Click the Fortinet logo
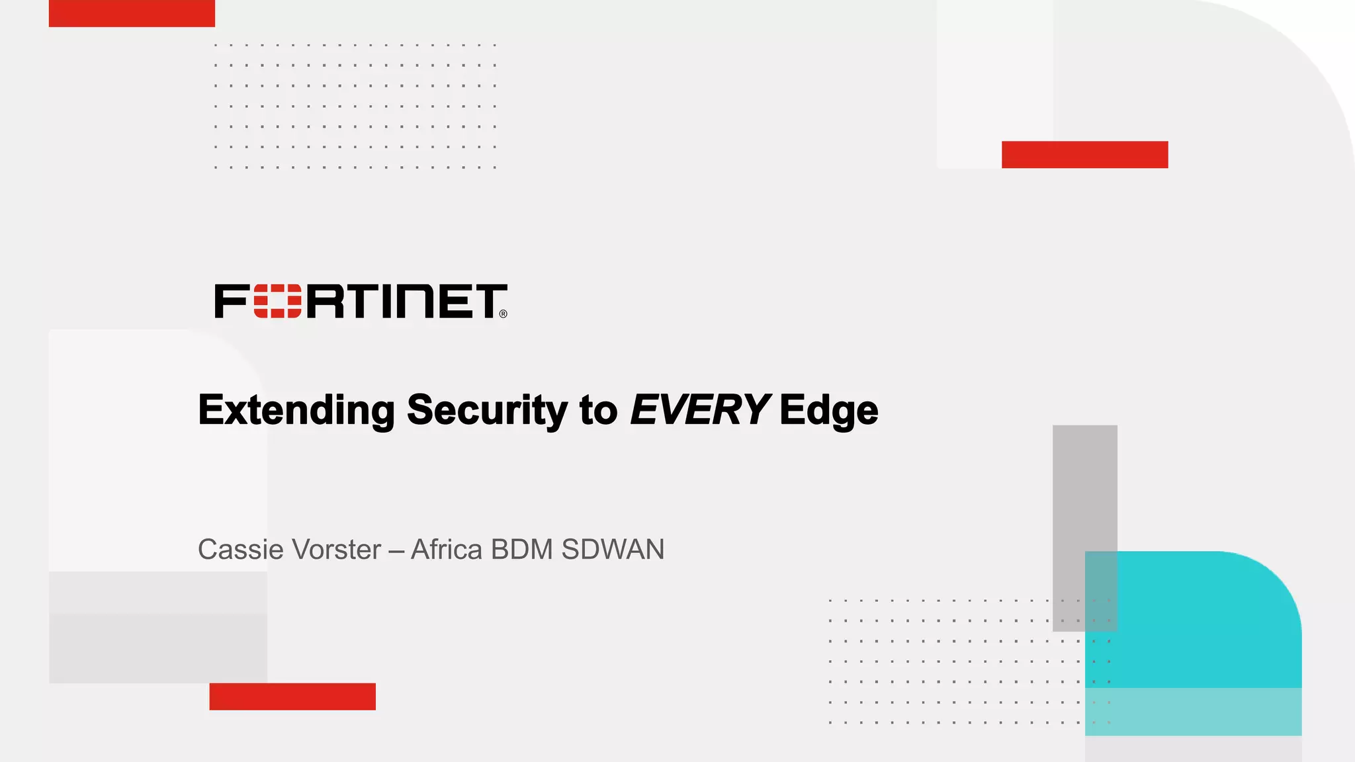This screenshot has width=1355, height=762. [361, 302]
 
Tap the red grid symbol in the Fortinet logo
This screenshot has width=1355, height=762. [277, 302]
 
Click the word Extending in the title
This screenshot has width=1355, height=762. [296, 410]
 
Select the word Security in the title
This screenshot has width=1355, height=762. [486, 410]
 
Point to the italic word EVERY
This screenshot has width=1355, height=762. [699, 410]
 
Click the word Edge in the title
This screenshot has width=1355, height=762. [828, 410]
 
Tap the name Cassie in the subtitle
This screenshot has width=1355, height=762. [241, 550]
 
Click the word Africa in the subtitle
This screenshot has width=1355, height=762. [447, 550]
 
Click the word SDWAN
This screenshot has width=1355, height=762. [613, 550]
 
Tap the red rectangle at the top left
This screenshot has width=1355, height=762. [132, 13]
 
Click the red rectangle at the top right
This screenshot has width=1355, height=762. [1084, 154]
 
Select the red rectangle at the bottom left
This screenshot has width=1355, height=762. [292, 697]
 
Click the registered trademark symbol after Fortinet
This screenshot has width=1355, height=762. [503, 314]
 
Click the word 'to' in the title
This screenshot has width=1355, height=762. [598, 410]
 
